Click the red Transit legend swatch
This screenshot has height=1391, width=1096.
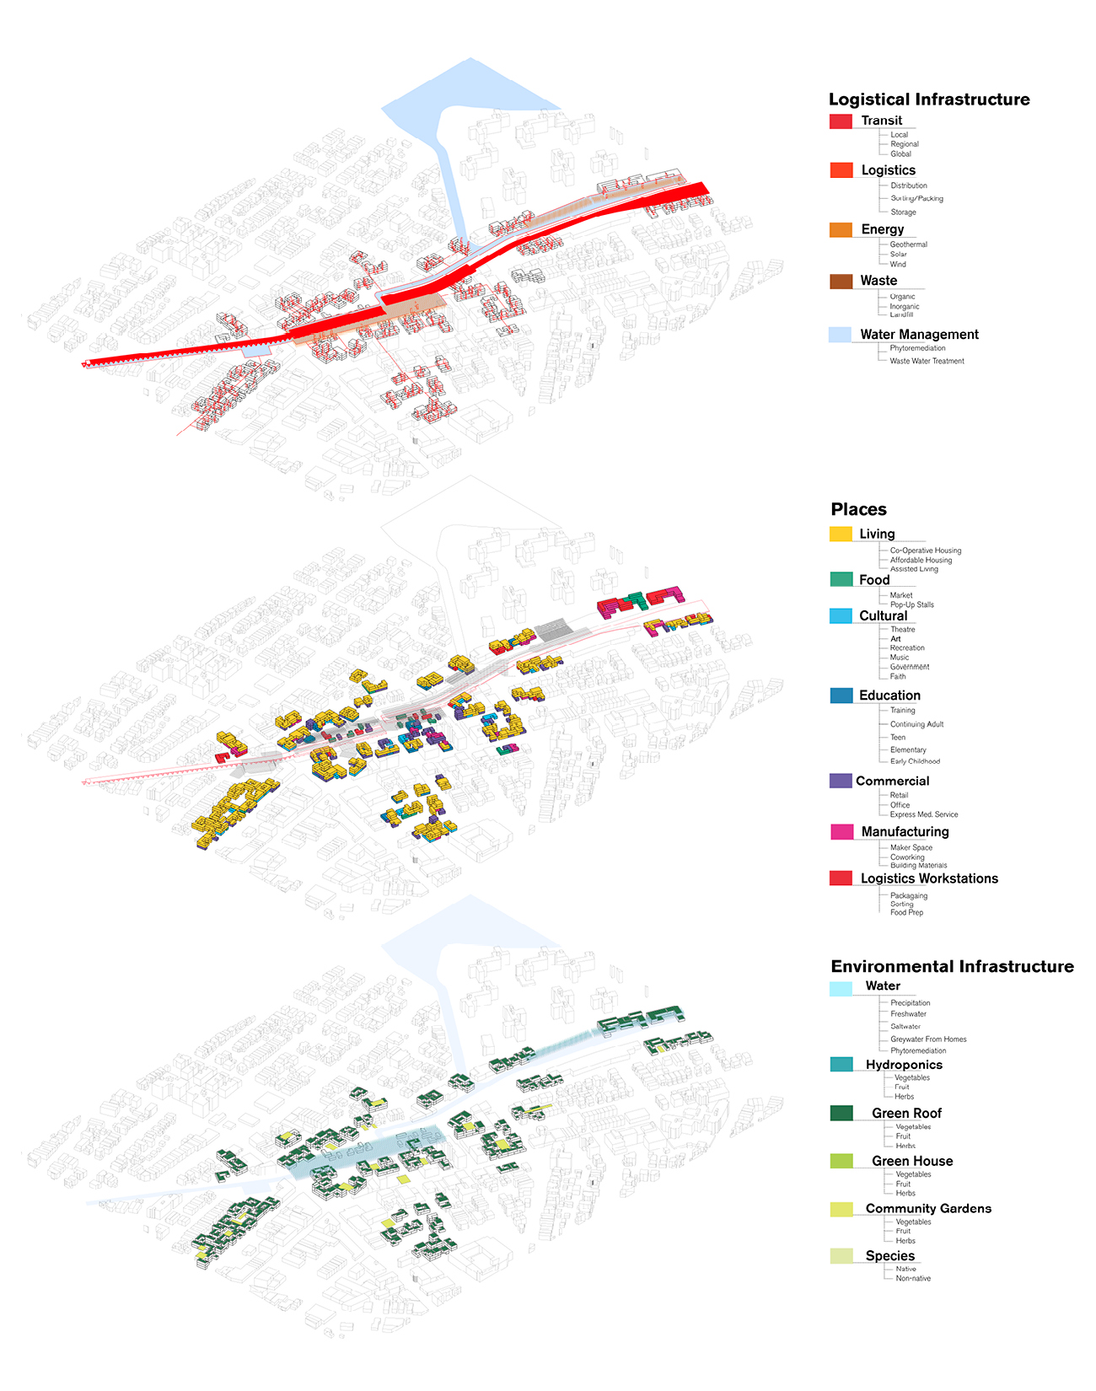click(x=841, y=121)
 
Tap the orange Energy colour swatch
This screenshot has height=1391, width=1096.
click(x=841, y=229)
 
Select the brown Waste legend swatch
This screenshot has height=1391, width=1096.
click(x=841, y=282)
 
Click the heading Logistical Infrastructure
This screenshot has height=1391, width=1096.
click(x=928, y=99)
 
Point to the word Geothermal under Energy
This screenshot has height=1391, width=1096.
click(x=908, y=244)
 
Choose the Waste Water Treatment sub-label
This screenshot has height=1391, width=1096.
click(x=927, y=361)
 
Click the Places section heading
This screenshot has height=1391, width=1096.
click(x=858, y=509)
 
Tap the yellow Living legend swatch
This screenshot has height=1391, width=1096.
click(x=841, y=534)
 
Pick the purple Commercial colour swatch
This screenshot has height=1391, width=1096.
click(x=841, y=781)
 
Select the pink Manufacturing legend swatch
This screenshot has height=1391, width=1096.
click(x=841, y=832)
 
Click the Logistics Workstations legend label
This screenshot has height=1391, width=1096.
click(x=929, y=878)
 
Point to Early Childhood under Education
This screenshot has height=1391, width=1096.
click(x=915, y=761)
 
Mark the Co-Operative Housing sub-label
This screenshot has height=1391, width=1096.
click(x=925, y=550)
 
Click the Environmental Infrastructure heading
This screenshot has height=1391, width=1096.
click(x=952, y=966)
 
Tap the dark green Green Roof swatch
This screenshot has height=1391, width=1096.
click(x=841, y=1114)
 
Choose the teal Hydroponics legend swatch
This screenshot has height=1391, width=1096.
click(x=841, y=1065)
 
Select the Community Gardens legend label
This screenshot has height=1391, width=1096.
click(x=928, y=1209)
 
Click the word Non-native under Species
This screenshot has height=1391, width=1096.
click(x=913, y=1279)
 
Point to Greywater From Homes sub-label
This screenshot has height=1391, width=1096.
click(x=928, y=1039)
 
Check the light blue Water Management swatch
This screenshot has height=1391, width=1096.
click(x=841, y=335)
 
